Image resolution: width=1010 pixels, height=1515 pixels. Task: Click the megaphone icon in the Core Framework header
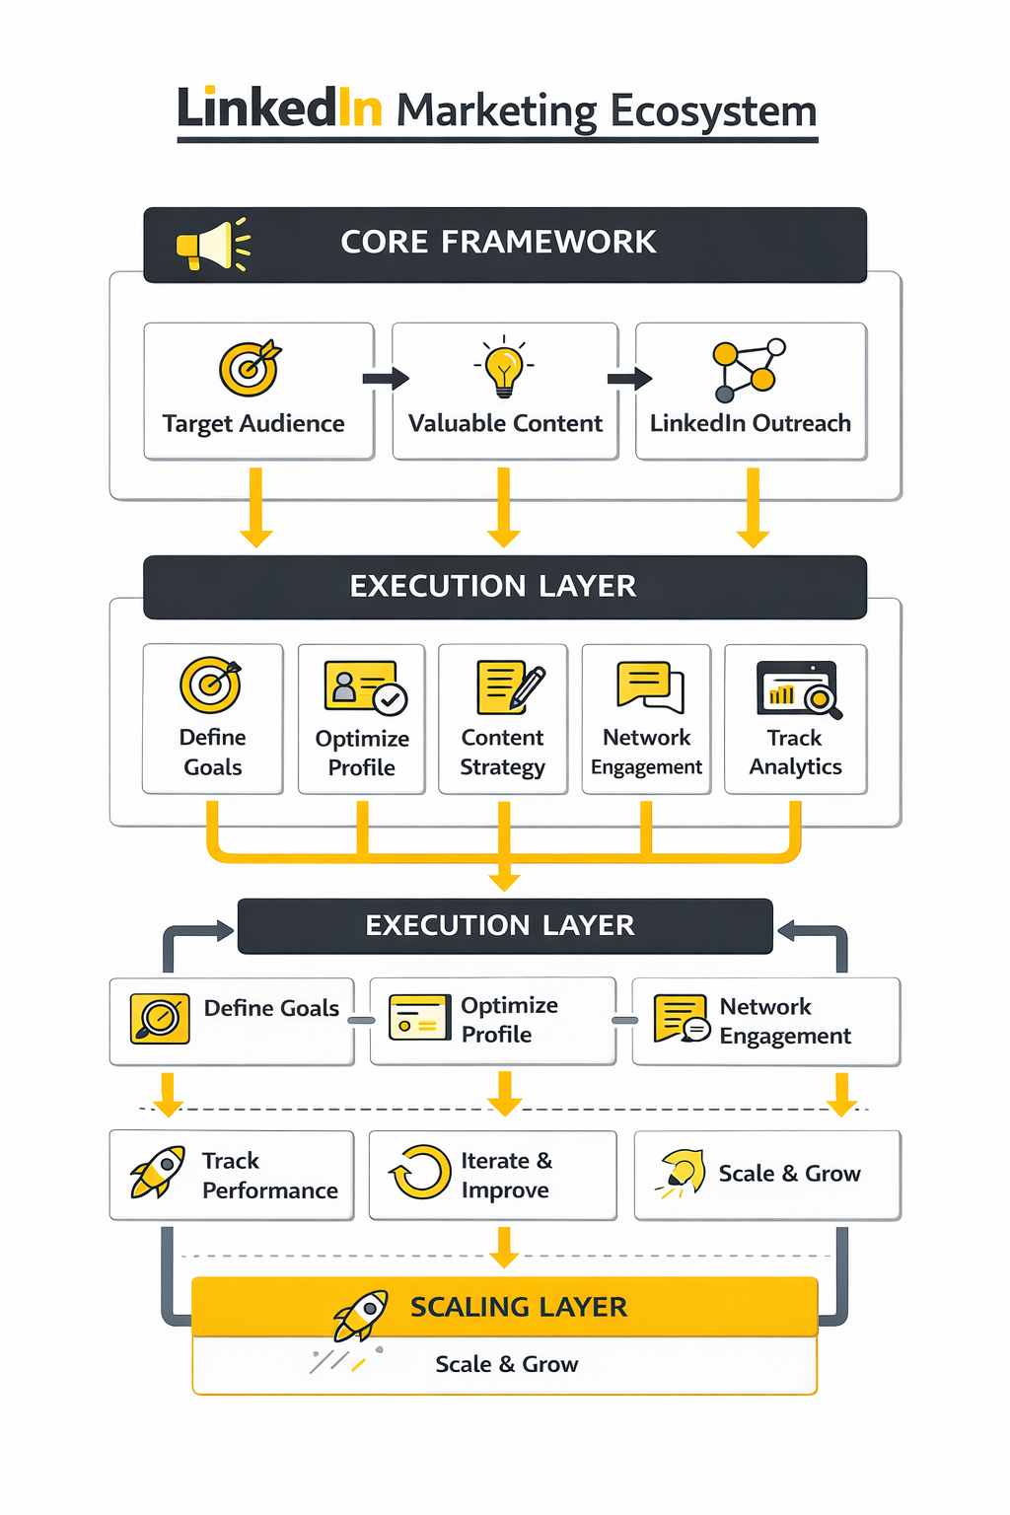211,245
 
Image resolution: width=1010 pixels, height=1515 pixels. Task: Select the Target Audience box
258,391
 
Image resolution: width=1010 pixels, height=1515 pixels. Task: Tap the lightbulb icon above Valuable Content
504,367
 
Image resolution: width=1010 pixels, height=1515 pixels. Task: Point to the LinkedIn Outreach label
750,423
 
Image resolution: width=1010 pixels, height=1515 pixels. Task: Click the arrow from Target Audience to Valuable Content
385,379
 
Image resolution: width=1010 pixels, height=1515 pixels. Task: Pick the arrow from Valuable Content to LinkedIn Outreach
629,379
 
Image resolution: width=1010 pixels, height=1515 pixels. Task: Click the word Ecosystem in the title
713,110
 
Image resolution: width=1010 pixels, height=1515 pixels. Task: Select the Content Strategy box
503,718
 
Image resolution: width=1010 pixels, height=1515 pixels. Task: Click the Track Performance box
232,1175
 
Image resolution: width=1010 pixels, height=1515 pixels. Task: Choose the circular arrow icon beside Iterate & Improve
421,1172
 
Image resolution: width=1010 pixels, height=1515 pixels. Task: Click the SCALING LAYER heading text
518,1307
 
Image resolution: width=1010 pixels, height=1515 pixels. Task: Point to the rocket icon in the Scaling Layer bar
360,1315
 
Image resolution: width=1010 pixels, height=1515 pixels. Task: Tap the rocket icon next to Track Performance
158,1172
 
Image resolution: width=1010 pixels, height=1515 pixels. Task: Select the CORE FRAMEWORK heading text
498,242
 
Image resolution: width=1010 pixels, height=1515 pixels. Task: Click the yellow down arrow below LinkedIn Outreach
754,508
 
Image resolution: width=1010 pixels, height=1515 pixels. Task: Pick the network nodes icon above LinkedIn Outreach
749,370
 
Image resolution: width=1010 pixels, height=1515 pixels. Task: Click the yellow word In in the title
359,108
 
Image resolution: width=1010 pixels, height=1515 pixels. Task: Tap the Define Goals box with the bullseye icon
213,718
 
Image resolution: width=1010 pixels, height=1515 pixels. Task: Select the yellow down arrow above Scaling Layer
504,1247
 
